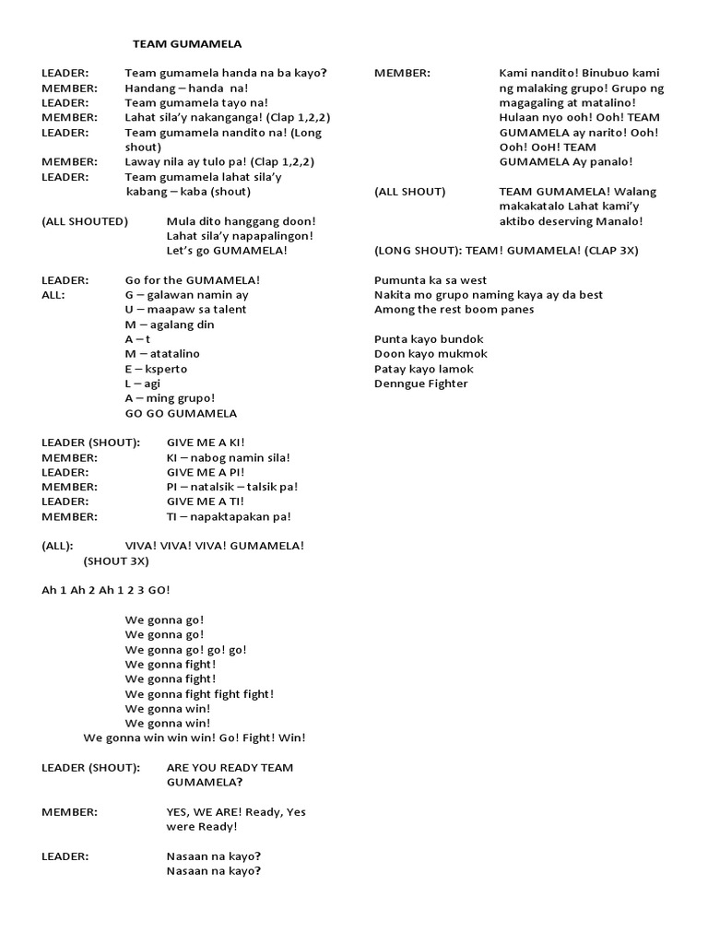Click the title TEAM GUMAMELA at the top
coord(187,43)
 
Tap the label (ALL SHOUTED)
coord(85,221)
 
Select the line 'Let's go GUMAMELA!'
coord(227,251)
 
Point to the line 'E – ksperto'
coord(156,369)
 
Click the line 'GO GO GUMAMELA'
coord(181,413)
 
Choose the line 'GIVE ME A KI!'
coord(206,442)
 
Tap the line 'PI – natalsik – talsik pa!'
coord(232,487)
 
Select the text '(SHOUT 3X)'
coord(116,560)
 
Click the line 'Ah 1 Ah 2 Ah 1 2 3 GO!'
coord(106,590)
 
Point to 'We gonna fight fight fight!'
coord(199,693)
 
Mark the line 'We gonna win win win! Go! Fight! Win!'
coord(195,737)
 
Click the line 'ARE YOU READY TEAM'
coord(230,767)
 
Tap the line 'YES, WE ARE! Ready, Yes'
coord(236,811)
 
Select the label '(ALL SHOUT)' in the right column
coord(409,192)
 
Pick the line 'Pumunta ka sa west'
coord(431,280)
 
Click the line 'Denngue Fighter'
coord(420,383)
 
